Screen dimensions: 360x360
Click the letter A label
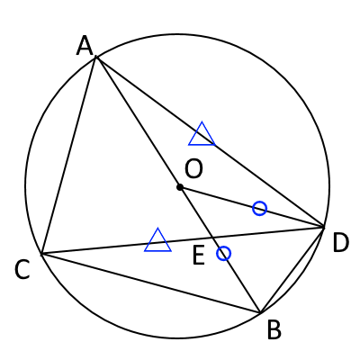click(x=85, y=46)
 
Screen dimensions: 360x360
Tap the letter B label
click(x=274, y=329)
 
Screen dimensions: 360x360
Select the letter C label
click(x=22, y=270)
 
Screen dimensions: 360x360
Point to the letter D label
click(x=341, y=243)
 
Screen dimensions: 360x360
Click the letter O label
click(x=193, y=169)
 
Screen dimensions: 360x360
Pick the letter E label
click(x=199, y=256)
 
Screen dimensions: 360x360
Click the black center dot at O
click(x=180, y=187)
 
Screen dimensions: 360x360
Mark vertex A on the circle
click(x=95, y=56)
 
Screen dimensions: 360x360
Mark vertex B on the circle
click(x=260, y=313)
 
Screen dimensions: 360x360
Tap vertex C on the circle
click(x=41, y=255)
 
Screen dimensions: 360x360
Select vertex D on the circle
click(x=324, y=227)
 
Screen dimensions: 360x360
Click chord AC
click(x=68, y=156)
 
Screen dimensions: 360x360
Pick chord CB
click(x=150, y=283)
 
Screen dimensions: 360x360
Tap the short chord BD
click(x=292, y=270)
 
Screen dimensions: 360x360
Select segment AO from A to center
click(x=138, y=121)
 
